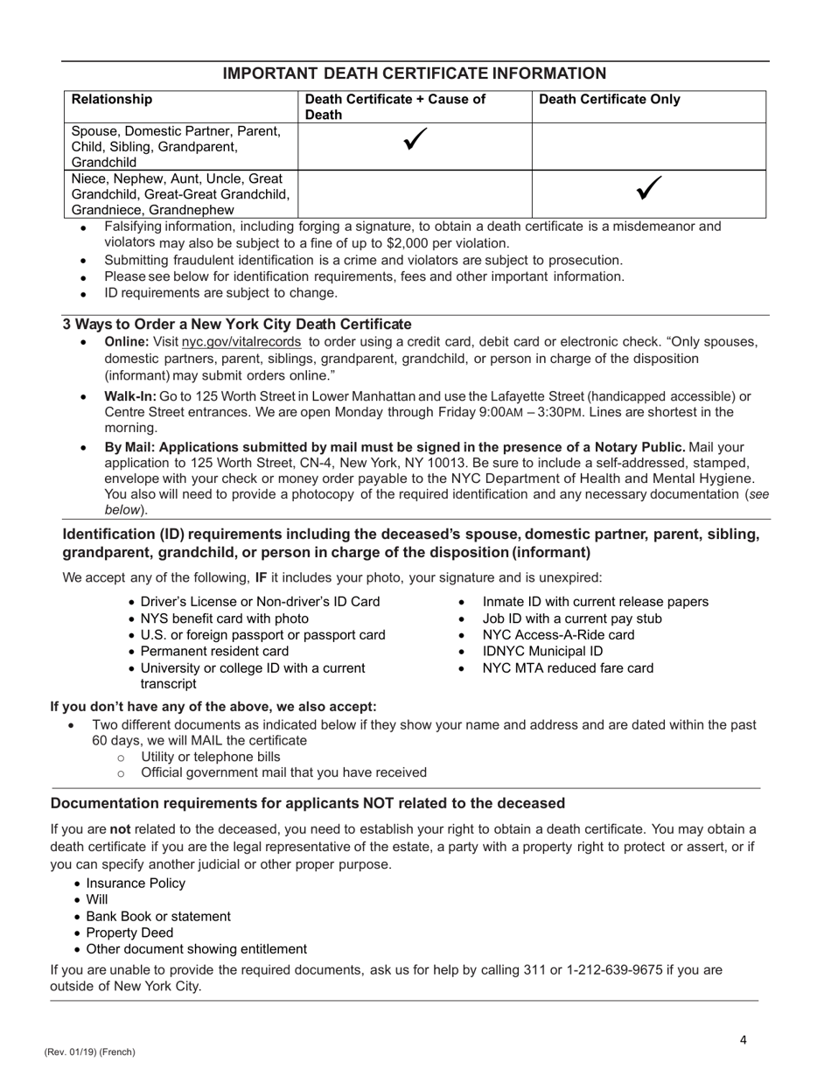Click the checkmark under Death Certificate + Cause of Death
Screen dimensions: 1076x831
pos(415,141)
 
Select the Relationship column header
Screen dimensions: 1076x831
pos(111,100)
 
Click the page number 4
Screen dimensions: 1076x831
pos(743,1040)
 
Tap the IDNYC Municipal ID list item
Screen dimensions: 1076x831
pos(542,651)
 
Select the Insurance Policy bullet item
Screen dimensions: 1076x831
pos(136,883)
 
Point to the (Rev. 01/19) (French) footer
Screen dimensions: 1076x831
pos(90,1052)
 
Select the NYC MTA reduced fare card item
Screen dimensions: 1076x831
pos(568,668)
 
